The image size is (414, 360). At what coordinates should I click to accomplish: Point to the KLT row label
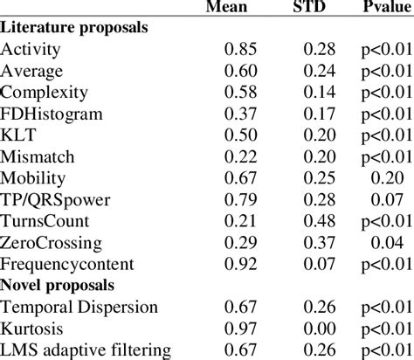(18, 135)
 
